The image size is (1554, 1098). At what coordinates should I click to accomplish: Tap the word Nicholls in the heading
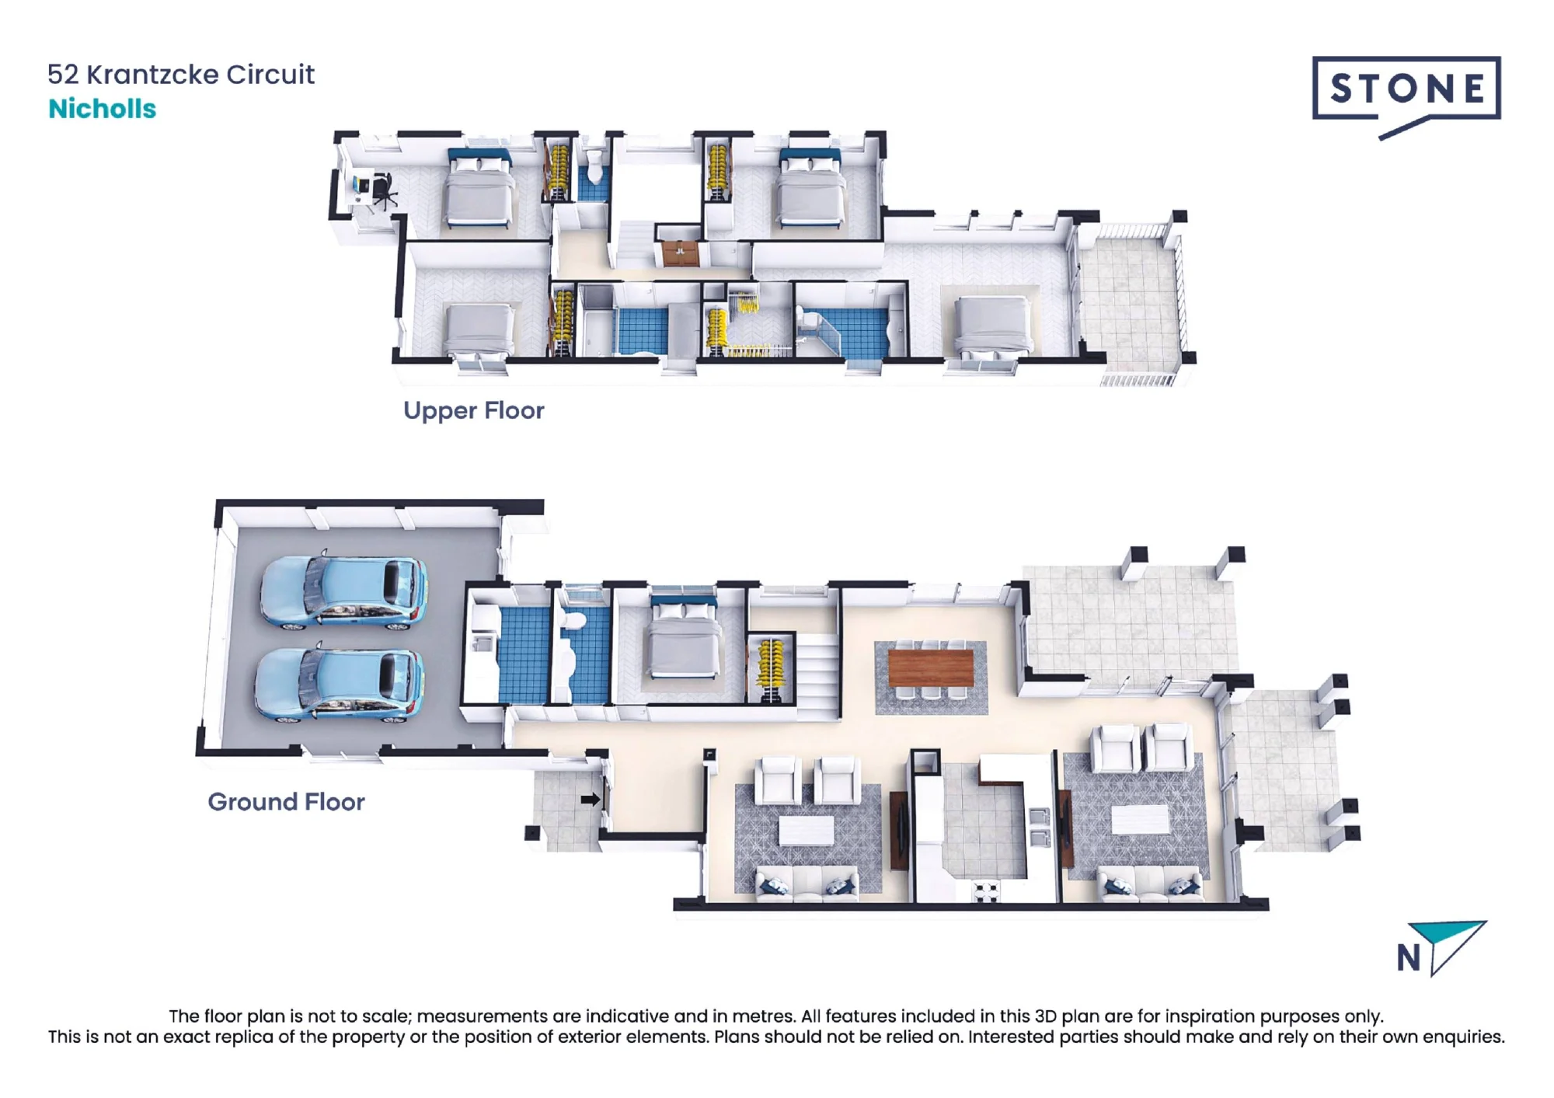coord(102,109)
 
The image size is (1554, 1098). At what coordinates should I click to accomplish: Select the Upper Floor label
coord(473,410)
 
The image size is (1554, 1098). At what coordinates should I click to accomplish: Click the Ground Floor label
coord(286,802)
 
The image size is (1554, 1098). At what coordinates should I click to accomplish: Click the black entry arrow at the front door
coord(591,799)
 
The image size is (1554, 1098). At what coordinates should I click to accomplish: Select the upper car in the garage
coord(343,591)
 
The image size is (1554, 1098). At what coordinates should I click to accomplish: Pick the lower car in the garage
coord(340,683)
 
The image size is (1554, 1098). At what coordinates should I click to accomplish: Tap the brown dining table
coord(931,668)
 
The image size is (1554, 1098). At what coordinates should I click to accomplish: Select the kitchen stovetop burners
coord(988,891)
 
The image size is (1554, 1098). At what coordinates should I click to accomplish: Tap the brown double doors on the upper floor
coord(680,253)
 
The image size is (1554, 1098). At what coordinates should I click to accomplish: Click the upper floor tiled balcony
coord(1131,298)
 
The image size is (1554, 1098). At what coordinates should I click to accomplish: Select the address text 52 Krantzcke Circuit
coord(181,75)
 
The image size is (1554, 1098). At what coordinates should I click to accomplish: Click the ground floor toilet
coord(574,622)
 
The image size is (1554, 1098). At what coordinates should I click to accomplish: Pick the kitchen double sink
coord(1040,827)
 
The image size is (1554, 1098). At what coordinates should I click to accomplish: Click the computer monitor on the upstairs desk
coord(358,186)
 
